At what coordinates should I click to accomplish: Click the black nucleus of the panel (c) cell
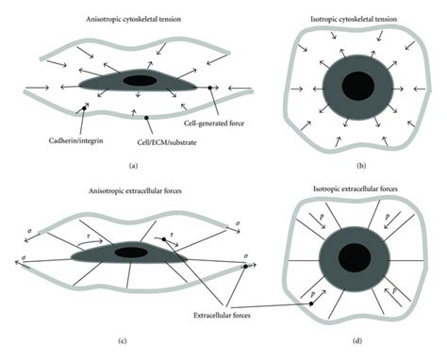(x=128, y=253)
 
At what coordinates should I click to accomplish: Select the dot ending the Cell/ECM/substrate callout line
(x=147, y=119)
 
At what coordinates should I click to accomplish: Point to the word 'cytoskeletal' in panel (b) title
(x=366, y=16)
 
